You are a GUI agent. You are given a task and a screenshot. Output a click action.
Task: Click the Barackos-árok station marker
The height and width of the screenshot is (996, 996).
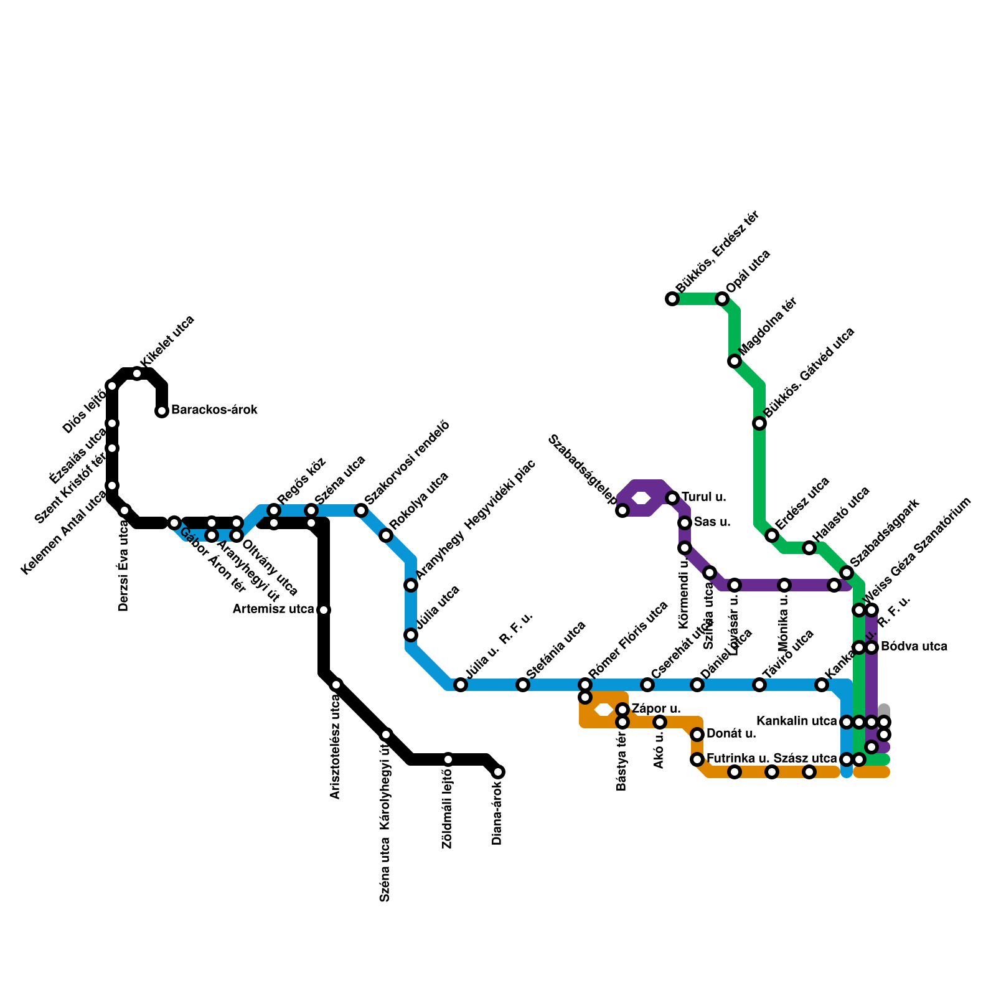[162, 411]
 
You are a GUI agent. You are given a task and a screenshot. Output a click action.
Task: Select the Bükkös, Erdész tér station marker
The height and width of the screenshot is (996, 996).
[672, 299]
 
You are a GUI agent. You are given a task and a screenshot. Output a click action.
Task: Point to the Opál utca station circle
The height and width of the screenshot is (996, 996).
[722, 299]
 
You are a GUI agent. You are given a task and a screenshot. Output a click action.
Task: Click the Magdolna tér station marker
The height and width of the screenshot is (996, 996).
[735, 361]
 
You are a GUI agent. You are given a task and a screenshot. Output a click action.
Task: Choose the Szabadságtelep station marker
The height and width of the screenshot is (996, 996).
[622, 510]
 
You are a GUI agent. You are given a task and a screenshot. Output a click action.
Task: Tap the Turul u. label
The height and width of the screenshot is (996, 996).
[703, 497]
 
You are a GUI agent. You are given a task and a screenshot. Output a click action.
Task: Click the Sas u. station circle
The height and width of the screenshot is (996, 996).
[685, 523]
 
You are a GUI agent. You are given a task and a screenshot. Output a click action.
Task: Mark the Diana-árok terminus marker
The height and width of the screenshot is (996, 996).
[498, 772]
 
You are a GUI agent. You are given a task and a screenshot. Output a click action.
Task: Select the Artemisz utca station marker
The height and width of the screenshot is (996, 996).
[324, 610]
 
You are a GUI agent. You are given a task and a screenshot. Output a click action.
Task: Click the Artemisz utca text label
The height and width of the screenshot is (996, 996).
[273, 609]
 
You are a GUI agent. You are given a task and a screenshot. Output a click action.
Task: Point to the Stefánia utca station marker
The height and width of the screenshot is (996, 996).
[523, 685]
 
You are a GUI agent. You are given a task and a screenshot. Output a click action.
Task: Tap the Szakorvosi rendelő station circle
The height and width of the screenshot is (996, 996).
[361, 510]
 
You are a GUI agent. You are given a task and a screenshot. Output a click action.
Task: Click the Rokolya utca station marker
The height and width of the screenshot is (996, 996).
[386, 535]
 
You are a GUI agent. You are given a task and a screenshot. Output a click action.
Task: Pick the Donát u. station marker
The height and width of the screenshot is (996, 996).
[697, 735]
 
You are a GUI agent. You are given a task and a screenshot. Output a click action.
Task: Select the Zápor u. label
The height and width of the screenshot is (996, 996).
[656, 709]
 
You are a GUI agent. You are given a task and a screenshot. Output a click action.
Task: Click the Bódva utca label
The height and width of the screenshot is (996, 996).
[914, 647]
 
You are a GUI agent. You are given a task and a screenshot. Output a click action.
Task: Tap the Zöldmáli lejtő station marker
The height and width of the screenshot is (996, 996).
[448, 759]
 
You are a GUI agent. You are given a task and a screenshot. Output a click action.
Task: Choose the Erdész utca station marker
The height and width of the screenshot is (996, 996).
[772, 535]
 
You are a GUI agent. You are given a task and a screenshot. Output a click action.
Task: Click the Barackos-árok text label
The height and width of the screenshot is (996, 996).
[214, 410]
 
